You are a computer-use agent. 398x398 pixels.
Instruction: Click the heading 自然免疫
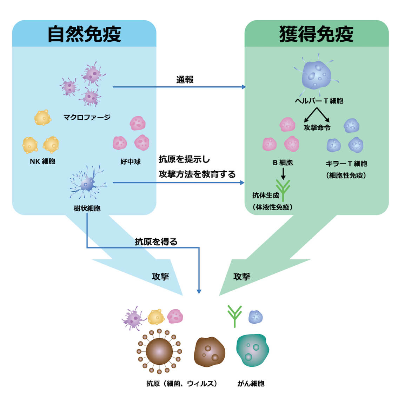pos(84,34)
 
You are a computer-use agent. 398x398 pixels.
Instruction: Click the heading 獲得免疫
pos(316,34)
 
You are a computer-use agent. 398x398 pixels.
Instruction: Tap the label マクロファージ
pos(87,117)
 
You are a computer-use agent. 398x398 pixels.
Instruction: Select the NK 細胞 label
pos(43,161)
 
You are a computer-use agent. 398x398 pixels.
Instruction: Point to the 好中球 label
pos(131,162)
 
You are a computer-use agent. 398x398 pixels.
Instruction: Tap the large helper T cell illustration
pos(316,75)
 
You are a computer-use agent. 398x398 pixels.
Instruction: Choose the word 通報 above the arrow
pos(185,80)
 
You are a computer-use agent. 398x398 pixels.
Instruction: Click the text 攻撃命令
pos(317,127)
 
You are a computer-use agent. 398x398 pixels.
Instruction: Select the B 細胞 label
pos(283,163)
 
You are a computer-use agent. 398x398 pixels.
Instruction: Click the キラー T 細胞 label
pos(346,164)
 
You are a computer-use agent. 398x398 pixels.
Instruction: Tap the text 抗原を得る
pos(156,242)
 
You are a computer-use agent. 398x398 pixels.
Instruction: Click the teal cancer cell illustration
pos(252,350)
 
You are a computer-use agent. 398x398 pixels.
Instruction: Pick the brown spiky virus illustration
pos(159,352)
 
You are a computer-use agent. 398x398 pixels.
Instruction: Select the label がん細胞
pos(251,384)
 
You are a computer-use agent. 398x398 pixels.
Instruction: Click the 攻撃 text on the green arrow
pos(242,277)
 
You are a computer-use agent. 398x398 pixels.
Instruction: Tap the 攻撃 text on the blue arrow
pos(160,277)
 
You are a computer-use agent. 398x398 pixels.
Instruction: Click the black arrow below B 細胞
pos(283,174)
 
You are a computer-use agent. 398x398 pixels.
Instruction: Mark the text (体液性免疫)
pos(273,207)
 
